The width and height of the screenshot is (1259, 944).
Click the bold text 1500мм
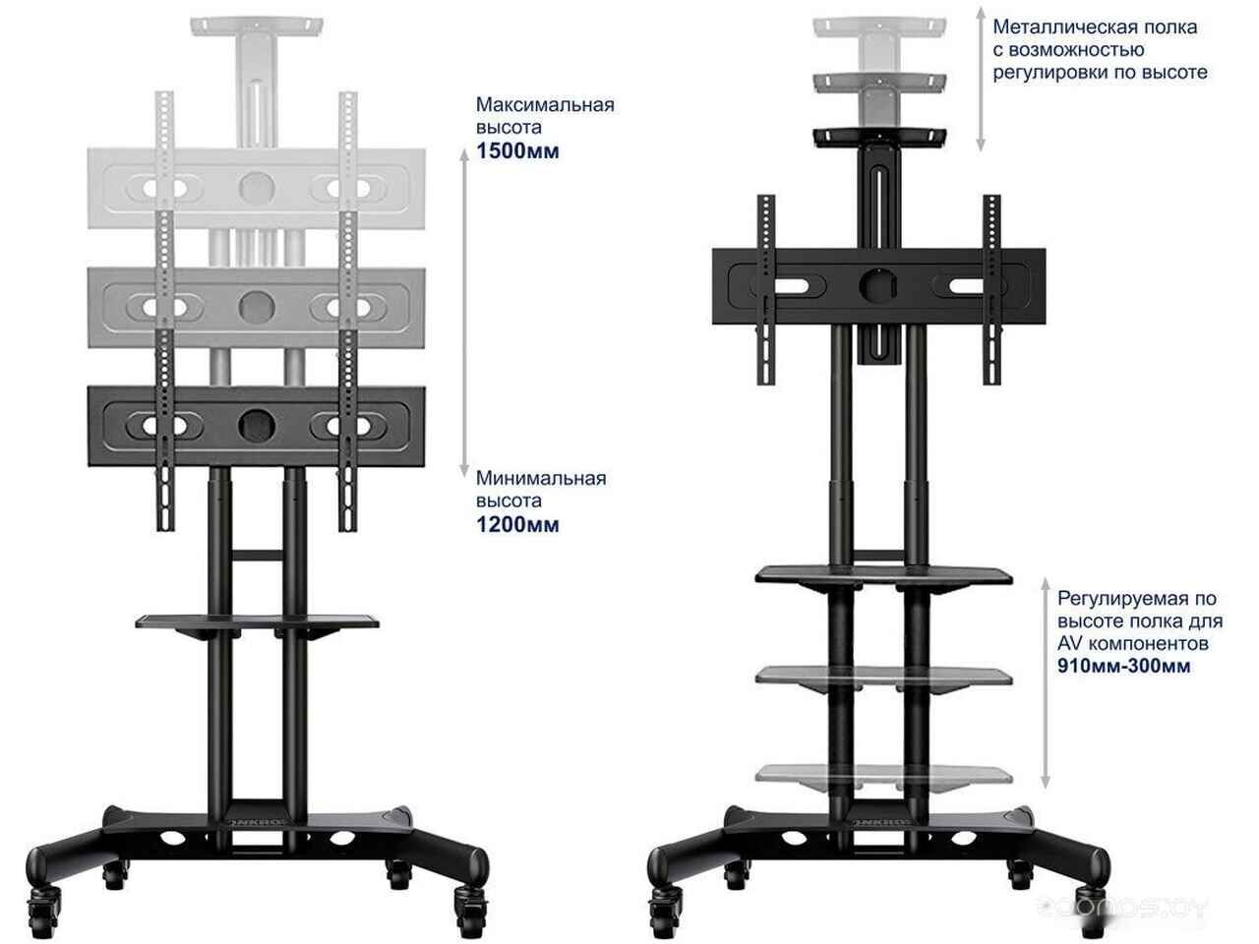(x=517, y=151)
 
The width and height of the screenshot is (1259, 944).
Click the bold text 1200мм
(x=517, y=525)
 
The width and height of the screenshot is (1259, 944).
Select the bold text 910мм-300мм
(x=1123, y=666)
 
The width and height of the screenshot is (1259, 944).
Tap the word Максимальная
(x=545, y=105)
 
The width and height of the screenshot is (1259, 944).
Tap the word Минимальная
(x=541, y=479)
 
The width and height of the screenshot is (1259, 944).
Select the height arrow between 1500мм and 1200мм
(x=464, y=313)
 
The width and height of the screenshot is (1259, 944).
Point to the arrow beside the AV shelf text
(x=1045, y=683)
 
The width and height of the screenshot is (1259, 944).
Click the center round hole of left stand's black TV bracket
(x=257, y=426)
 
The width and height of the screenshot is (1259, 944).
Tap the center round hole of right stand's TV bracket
(x=878, y=286)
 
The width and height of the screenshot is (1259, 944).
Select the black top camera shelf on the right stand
(x=879, y=137)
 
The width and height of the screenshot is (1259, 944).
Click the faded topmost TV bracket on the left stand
(x=257, y=189)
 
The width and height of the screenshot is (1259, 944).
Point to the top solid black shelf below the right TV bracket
(x=883, y=576)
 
